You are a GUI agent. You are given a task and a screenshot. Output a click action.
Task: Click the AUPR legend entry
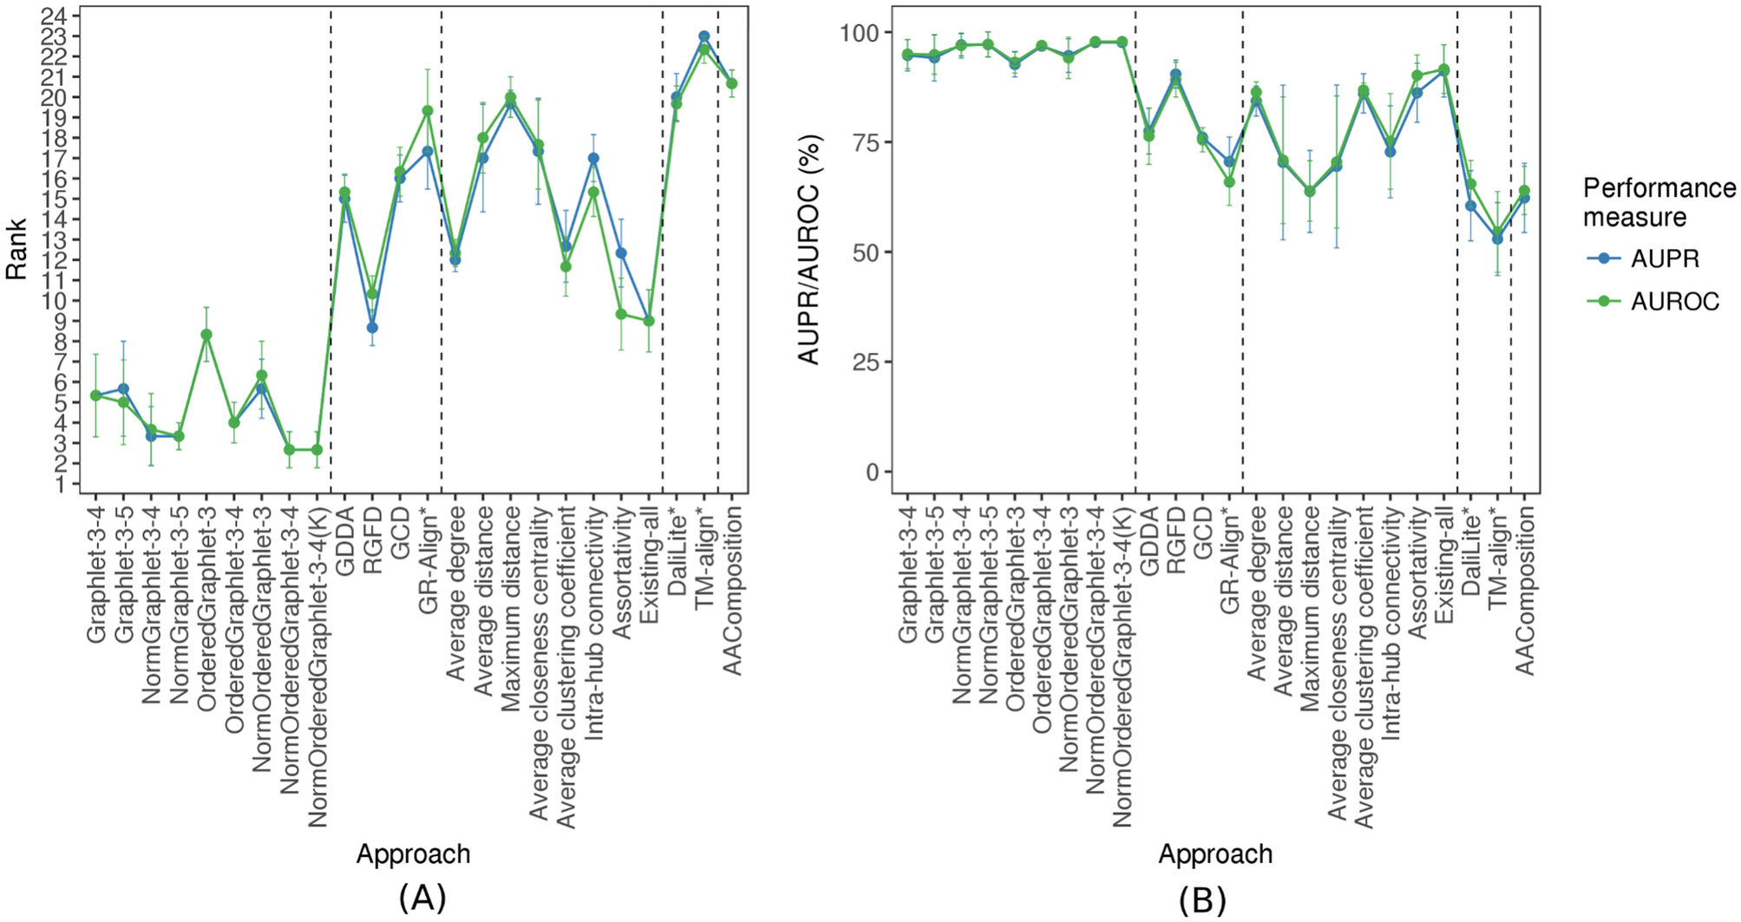tap(1664, 258)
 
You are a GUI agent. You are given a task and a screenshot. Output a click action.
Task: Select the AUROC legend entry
tap(1674, 302)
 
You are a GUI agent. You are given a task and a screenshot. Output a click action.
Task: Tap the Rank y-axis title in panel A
tap(16, 249)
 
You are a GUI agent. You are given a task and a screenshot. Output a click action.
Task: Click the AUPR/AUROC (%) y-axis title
tap(808, 249)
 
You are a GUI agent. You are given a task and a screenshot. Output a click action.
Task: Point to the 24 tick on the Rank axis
tap(63, 16)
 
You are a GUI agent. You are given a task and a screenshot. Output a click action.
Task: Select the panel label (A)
tap(422, 897)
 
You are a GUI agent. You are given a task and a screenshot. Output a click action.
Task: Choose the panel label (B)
tap(1201, 900)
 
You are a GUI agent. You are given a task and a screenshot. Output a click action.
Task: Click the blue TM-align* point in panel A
tap(704, 36)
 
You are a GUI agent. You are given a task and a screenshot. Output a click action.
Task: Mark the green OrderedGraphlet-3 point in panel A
tap(206, 334)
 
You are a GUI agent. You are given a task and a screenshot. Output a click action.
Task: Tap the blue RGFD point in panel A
tap(372, 328)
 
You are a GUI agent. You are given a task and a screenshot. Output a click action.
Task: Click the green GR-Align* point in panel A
tap(427, 111)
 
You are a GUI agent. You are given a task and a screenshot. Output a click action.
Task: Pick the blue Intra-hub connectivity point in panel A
tap(593, 158)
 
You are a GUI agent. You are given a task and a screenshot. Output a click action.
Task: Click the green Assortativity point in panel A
tap(621, 314)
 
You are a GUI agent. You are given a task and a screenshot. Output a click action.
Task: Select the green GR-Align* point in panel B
tap(1228, 182)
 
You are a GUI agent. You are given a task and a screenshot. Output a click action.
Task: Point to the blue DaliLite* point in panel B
tap(1470, 206)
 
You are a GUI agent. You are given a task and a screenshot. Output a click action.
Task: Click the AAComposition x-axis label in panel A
tap(733, 590)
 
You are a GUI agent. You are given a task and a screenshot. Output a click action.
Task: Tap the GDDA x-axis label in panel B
tap(1149, 534)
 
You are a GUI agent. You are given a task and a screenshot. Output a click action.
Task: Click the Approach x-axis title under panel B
tap(1214, 854)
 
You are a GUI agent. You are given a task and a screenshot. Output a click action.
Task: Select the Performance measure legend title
tap(1658, 201)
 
